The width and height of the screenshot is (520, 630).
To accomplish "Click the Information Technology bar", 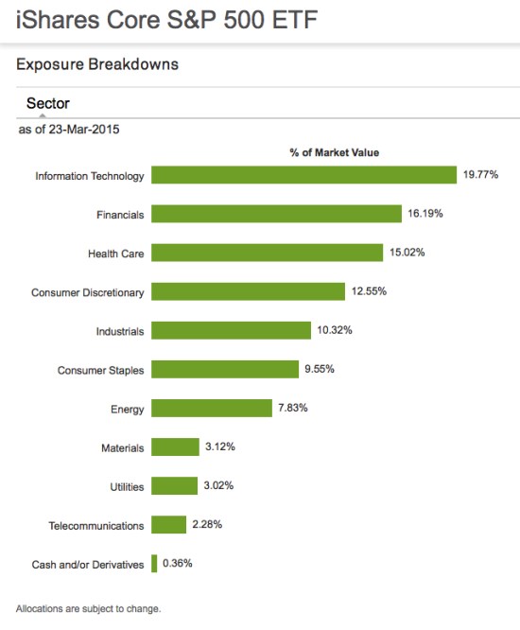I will pos(303,175).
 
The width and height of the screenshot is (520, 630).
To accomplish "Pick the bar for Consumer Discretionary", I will pos(248,291).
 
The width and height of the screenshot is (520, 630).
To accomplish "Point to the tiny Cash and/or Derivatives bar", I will pos(154,564).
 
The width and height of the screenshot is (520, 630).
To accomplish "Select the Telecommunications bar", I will pos(168,525).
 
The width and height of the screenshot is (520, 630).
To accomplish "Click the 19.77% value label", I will pos(480,175).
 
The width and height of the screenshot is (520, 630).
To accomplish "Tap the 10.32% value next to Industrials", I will pos(335,330).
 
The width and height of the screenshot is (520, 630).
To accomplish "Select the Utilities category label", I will pos(127,486).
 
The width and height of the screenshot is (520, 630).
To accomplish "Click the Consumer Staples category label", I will pos(100,370).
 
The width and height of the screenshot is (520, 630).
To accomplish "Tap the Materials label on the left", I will pos(123,447).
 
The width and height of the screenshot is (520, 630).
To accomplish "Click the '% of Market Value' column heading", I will pos(334,152).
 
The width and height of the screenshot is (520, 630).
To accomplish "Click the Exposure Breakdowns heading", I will pos(97,65).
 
